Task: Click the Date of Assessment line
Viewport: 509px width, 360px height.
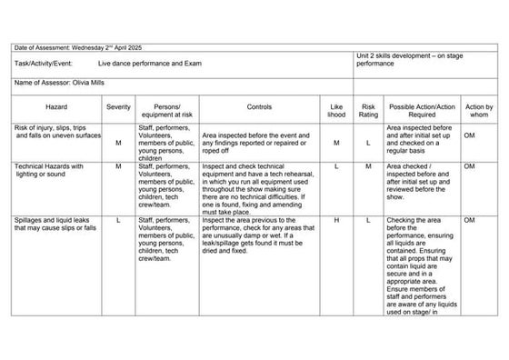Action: (78, 47)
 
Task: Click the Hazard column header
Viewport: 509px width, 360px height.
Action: (56, 106)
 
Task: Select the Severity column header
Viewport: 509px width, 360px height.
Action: (118, 106)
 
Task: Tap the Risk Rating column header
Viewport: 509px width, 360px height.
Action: (369, 111)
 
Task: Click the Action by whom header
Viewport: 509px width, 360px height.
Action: (479, 111)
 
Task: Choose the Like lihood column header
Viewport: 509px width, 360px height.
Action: (337, 111)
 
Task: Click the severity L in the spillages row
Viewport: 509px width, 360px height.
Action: (118, 220)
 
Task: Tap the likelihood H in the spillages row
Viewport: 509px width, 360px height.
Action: (337, 220)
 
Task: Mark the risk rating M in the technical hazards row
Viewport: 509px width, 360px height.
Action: (369, 166)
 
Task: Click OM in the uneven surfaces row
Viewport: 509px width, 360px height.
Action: (470, 129)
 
